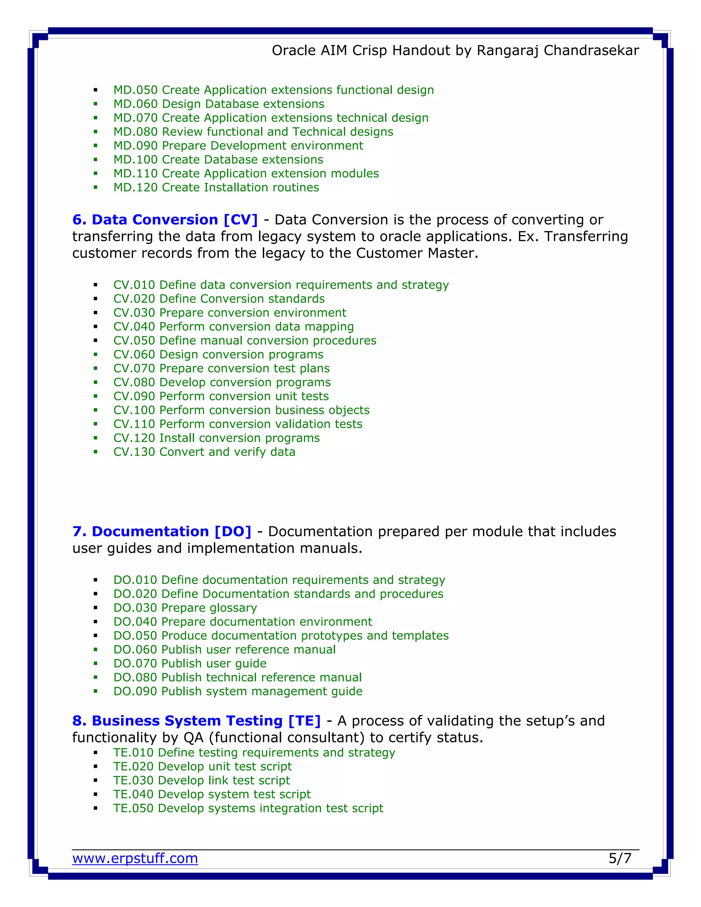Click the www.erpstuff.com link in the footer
point(135,858)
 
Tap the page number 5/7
point(620,858)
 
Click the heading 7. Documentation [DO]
point(162,532)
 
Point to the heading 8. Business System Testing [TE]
point(196,720)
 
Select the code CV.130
point(134,452)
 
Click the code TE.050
point(133,808)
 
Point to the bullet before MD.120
point(95,188)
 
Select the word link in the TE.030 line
point(218,780)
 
